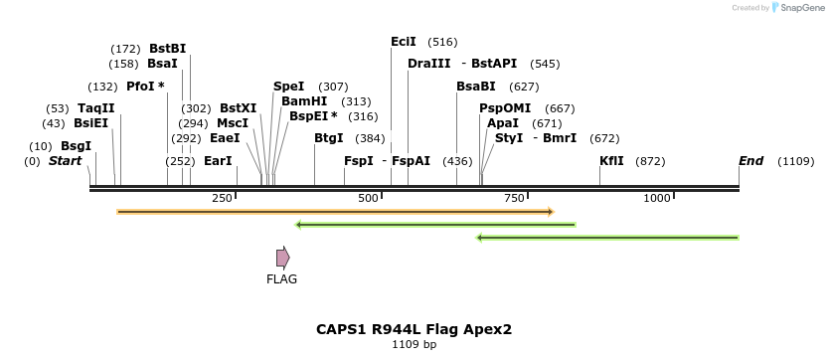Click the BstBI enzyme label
click(167, 48)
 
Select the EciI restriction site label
click(403, 42)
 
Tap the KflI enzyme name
click(611, 161)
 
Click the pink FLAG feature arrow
click(283, 258)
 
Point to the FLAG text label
click(281, 279)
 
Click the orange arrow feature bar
click(334, 212)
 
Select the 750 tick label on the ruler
click(514, 199)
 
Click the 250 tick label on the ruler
click(222, 199)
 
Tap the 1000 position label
click(657, 199)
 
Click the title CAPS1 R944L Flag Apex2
click(414, 329)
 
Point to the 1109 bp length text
click(414, 345)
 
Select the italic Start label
click(65, 161)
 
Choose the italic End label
click(750, 161)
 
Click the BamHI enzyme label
click(303, 101)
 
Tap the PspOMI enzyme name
click(505, 108)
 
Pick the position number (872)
click(650, 161)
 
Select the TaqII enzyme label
click(95, 108)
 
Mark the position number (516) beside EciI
click(442, 42)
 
